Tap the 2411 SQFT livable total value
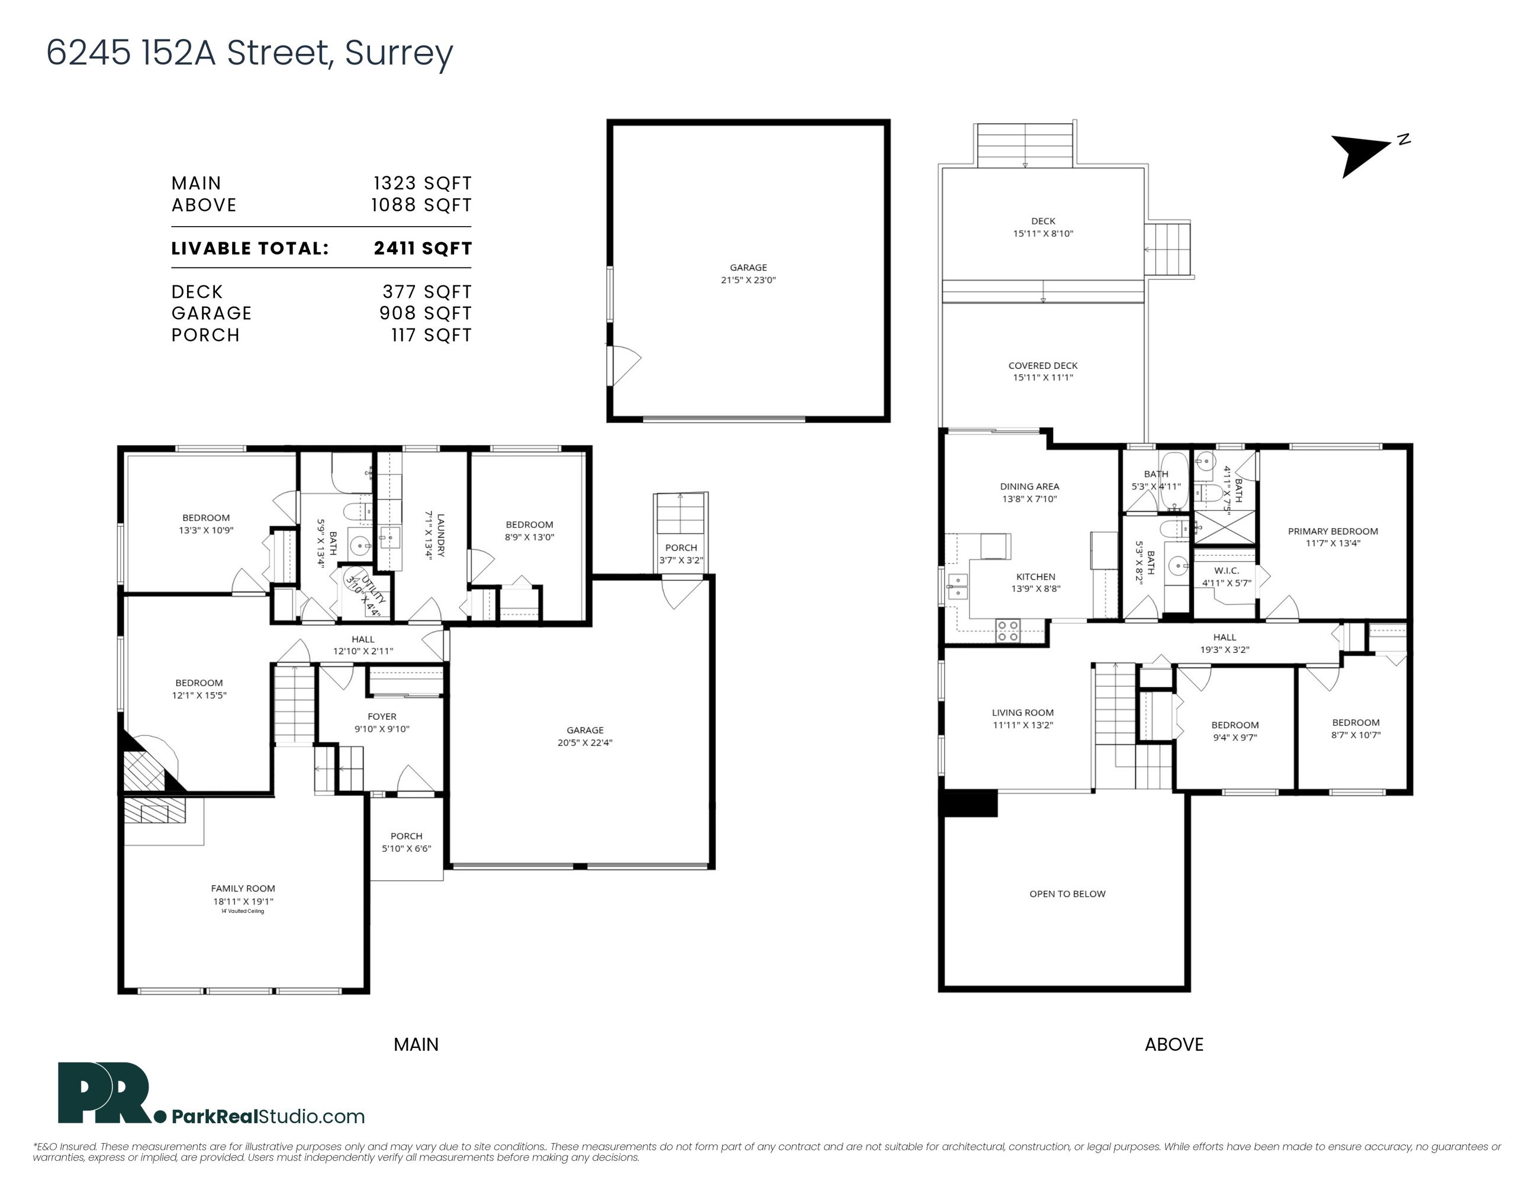(423, 248)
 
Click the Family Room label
(243, 888)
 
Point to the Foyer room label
(382, 716)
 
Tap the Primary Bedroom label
(1333, 531)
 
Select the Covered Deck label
(1043, 365)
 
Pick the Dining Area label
(1030, 486)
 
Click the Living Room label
(1023, 712)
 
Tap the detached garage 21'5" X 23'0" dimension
(748, 280)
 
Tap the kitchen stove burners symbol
(1008, 630)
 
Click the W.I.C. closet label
(1226, 570)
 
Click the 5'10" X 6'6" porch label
(407, 848)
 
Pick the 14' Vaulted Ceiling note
(243, 911)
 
